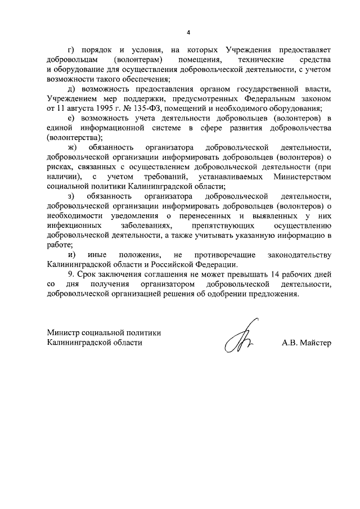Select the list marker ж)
point(71,147)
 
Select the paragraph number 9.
point(69,274)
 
